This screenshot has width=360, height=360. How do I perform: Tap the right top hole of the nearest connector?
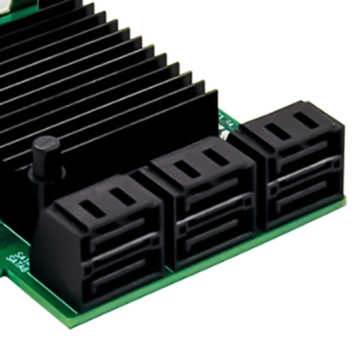(120, 197)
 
